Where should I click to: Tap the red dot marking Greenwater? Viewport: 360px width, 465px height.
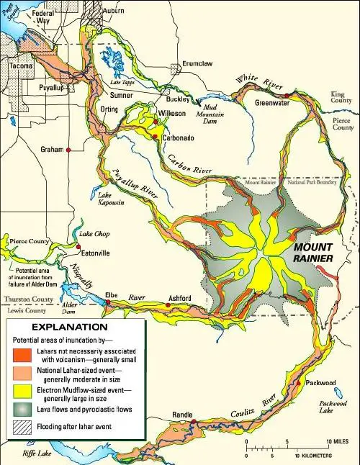(287, 95)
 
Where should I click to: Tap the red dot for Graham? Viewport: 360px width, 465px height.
(68, 150)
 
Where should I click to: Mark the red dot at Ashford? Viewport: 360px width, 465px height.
(168, 305)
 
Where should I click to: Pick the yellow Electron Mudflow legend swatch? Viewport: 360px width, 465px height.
(19, 393)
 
